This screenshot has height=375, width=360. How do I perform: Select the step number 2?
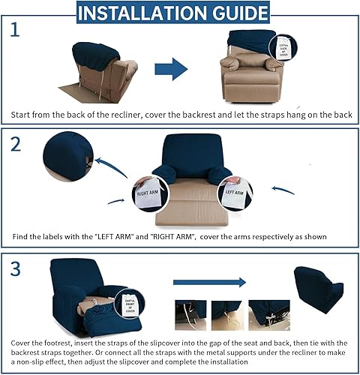click(x=16, y=145)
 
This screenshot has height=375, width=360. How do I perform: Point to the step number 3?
click(x=16, y=268)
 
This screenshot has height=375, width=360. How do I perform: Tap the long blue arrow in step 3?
click(x=209, y=283)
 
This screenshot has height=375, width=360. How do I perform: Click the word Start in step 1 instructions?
click(x=23, y=115)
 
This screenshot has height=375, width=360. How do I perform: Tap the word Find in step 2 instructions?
click(x=22, y=238)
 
